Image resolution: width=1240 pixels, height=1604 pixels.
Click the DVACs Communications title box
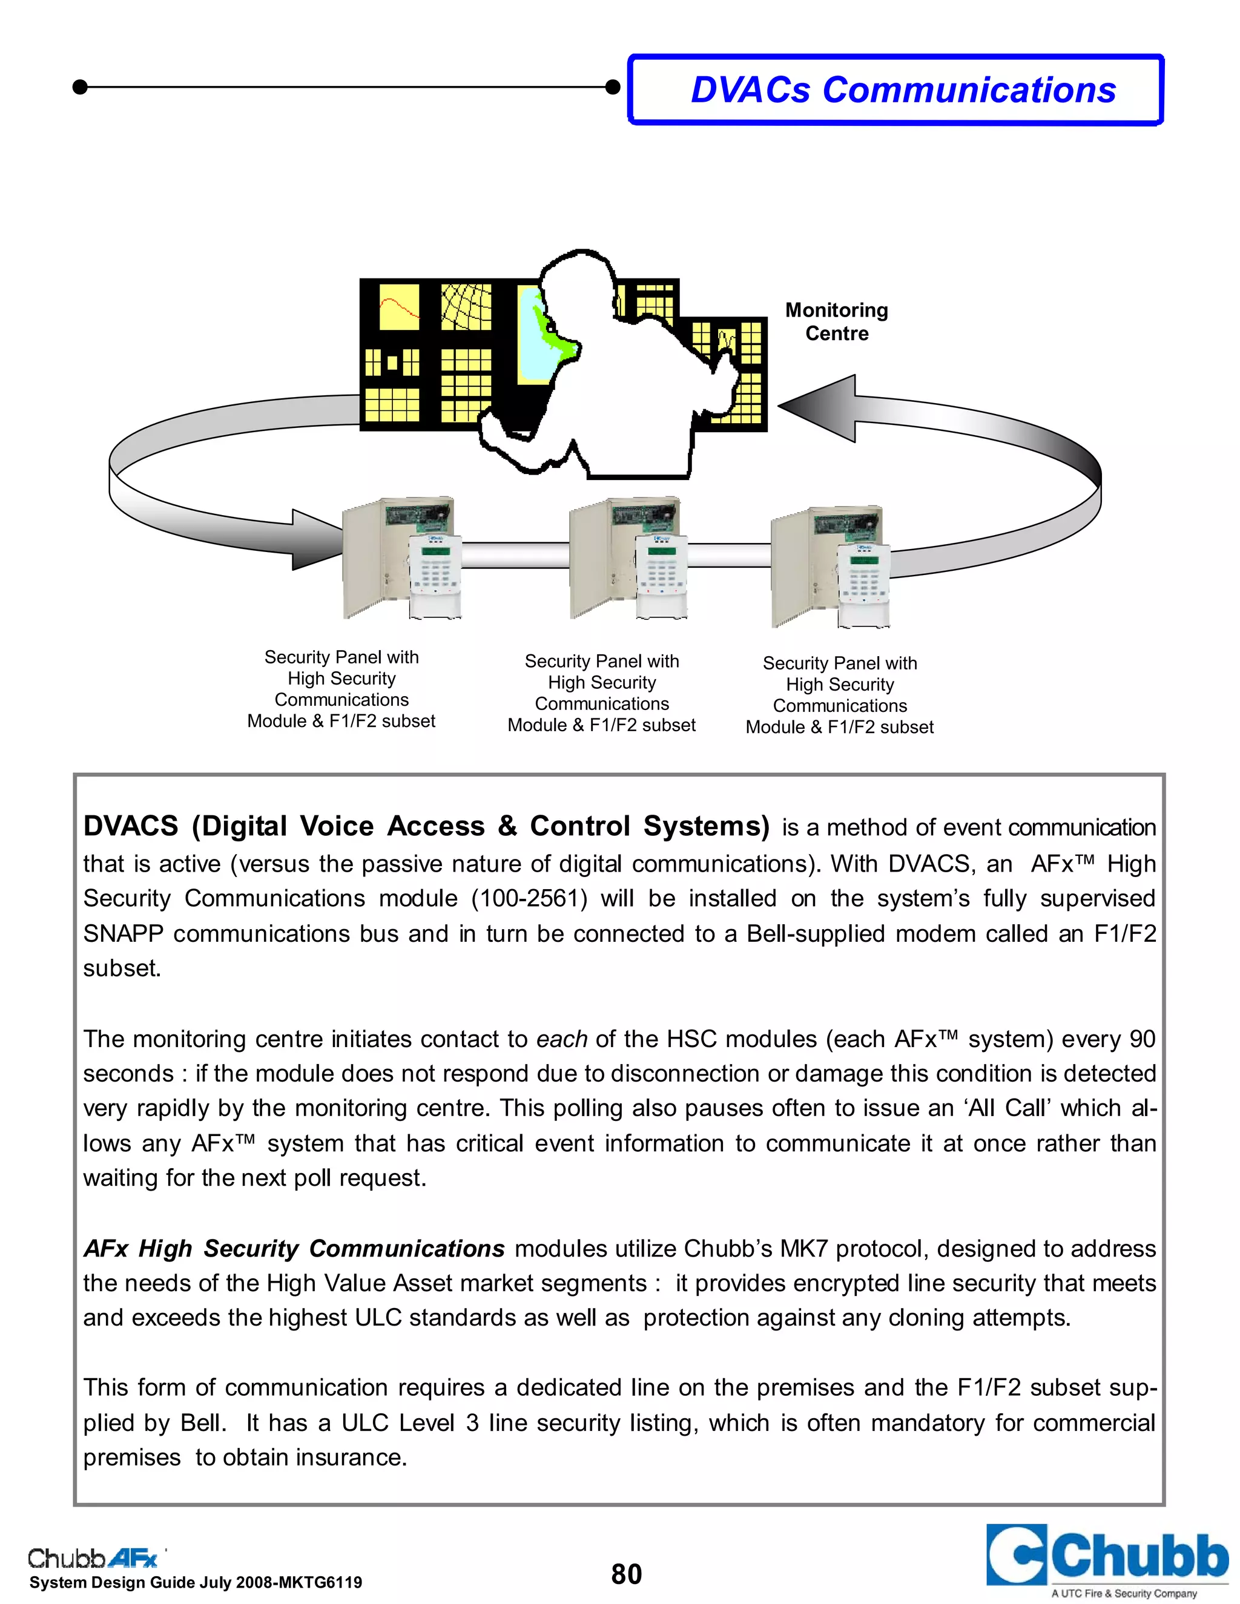point(895,90)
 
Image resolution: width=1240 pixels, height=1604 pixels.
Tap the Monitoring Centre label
point(836,321)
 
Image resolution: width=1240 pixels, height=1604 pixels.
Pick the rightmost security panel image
point(830,567)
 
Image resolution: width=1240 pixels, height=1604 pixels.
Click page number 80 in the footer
point(626,1573)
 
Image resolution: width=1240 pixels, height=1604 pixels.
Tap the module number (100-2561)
point(529,898)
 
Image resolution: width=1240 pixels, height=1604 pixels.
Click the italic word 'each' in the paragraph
point(561,1039)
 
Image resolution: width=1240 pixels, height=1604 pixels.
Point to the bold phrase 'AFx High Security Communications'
point(294,1249)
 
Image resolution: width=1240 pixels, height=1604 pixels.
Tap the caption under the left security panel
point(341,689)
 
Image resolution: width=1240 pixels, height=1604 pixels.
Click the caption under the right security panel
point(840,695)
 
